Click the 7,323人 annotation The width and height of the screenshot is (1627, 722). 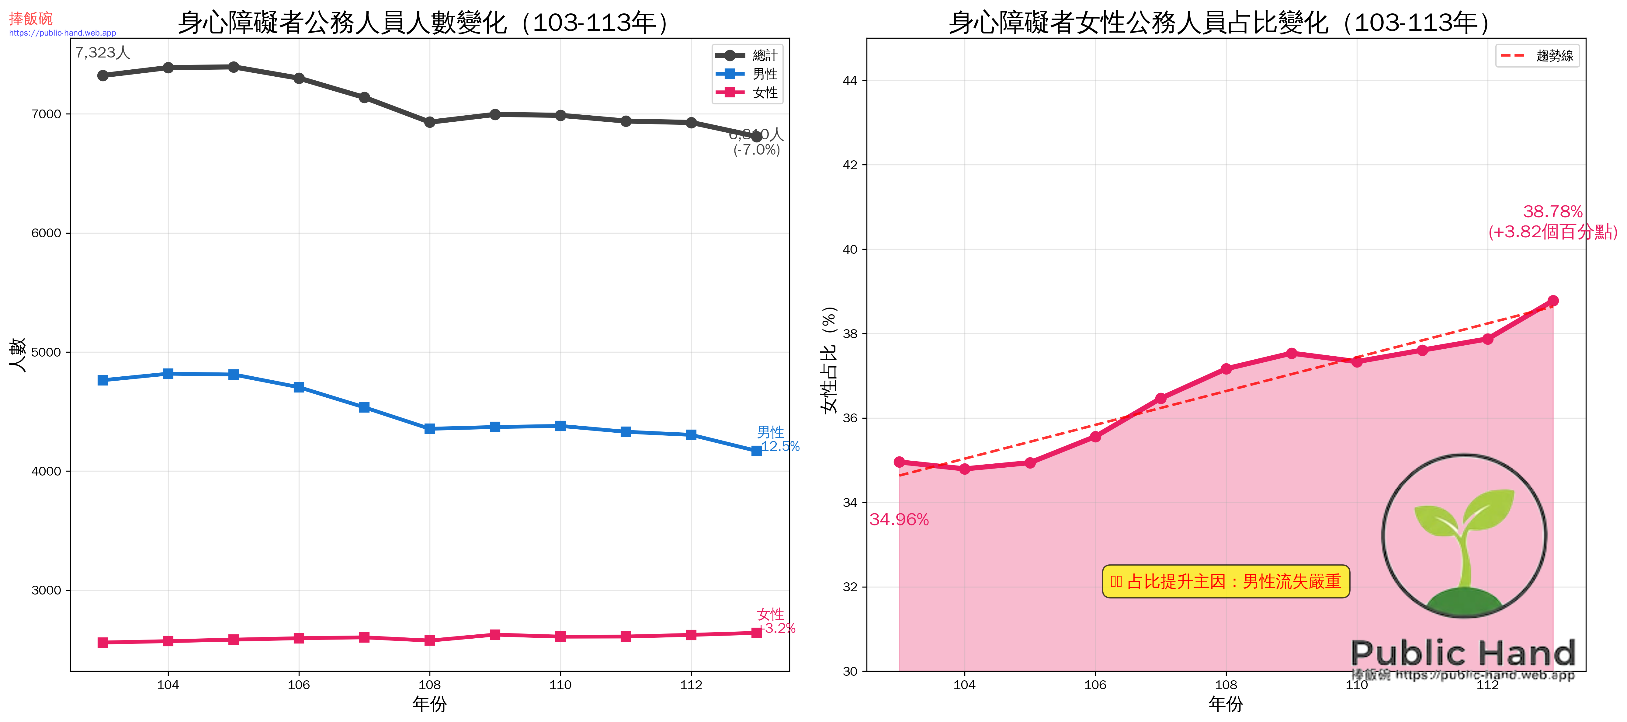pyautogui.click(x=102, y=52)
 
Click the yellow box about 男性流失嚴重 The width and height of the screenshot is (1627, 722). pyautogui.click(x=1225, y=581)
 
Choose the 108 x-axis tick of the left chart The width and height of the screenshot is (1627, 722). pyautogui.click(x=429, y=685)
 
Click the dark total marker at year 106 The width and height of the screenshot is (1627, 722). pyautogui.click(x=299, y=78)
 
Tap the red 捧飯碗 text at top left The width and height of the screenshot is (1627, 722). pyautogui.click(x=30, y=18)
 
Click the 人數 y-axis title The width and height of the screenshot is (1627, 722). pyautogui.click(x=17, y=354)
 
